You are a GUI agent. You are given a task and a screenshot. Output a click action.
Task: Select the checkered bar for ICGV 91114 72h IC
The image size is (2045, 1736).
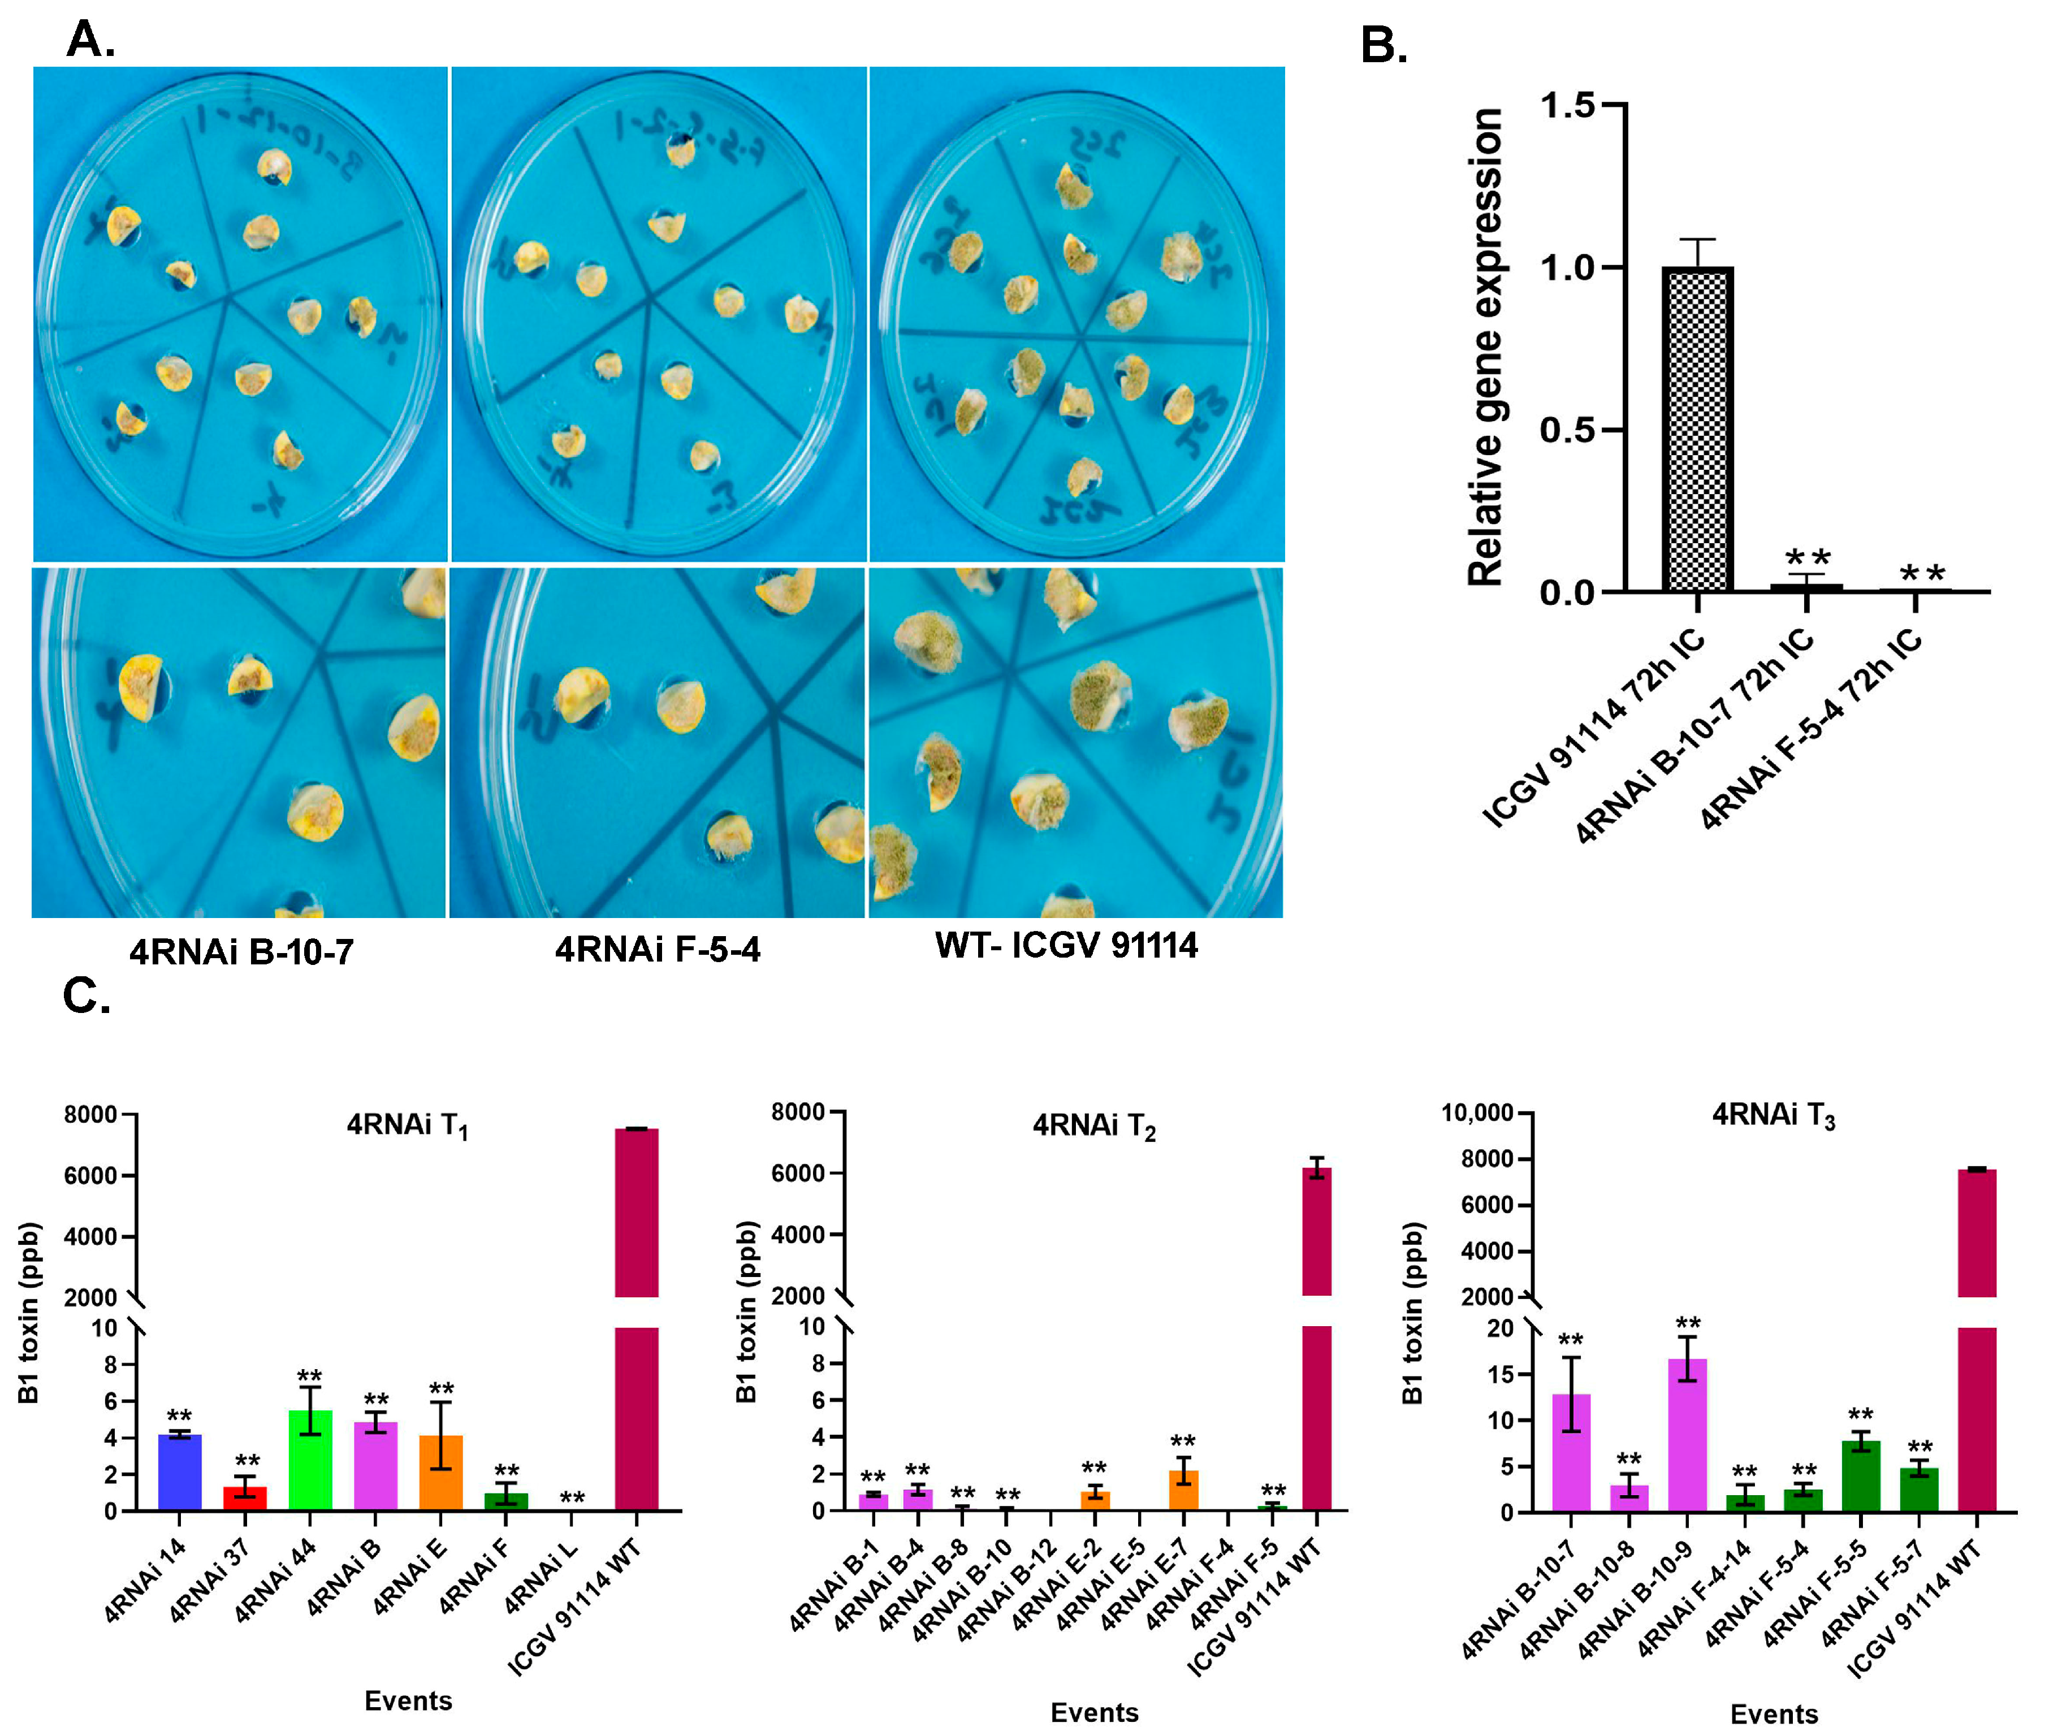click(1697, 429)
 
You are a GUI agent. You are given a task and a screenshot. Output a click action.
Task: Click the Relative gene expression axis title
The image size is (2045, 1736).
click(1484, 347)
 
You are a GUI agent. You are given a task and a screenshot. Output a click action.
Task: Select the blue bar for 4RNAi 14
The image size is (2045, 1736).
click(179, 1471)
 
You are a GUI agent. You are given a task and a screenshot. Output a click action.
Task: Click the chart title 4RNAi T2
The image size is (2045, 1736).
click(1093, 1125)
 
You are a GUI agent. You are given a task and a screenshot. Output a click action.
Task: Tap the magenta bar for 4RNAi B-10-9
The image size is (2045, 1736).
click(1687, 1434)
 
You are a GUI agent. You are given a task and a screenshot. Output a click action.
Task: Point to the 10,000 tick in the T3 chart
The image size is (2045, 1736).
click(1476, 1113)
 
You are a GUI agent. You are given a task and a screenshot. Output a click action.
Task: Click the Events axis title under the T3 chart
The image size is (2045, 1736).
click(1774, 1713)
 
